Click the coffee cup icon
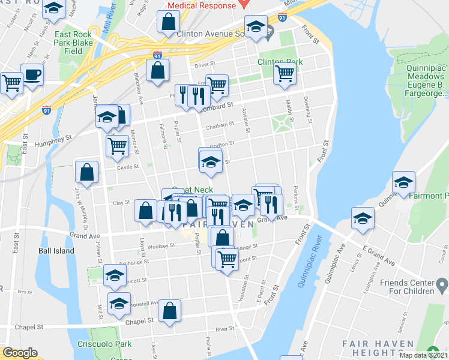point(32,74)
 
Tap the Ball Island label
point(56,251)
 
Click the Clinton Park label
point(280,62)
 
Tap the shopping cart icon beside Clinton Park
point(285,74)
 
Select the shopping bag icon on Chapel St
point(170,311)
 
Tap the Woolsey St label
point(153,246)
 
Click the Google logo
point(20,353)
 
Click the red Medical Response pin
point(243,3)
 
